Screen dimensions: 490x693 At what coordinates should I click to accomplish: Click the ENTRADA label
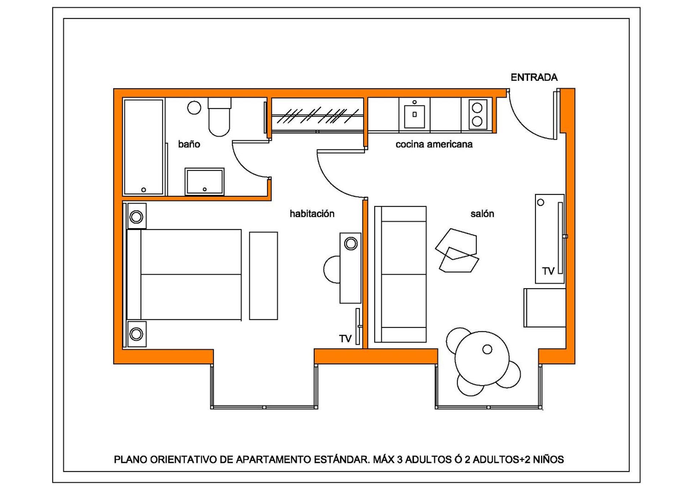tap(534, 77)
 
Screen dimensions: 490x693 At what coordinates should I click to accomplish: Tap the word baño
tap(189, 144)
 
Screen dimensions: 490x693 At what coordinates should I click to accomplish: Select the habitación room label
tap(312, 214)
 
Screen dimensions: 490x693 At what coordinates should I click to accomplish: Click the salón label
tap(482, 214)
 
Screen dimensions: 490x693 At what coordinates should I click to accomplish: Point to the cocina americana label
tap(434, 144)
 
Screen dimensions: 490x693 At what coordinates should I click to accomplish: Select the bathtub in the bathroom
tap(143, 147)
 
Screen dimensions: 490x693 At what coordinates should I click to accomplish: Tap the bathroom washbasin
tap(205, 181)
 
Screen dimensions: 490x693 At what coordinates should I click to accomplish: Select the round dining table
tap(482, 358)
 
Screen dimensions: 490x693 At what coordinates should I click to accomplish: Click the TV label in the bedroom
tap(345, 338)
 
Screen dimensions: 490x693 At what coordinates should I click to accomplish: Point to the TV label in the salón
tap(548, 271)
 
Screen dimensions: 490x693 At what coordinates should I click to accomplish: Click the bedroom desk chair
tap(331, 270)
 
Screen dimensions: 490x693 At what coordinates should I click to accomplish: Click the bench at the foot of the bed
tap(263, 276)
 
